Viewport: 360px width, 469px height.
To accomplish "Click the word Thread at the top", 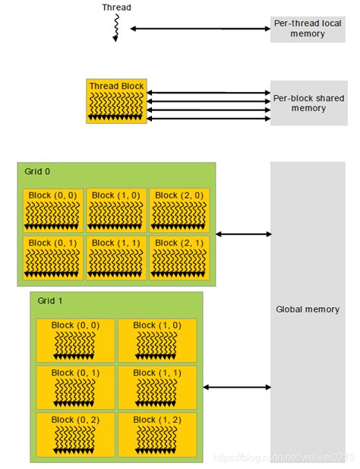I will [x=116, y=8].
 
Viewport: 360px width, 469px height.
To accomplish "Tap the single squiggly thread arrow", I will [x=115, y=28].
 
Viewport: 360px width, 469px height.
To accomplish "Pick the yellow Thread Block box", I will [x=116, y=101].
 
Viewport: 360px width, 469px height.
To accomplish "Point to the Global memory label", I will [x=308, y=309].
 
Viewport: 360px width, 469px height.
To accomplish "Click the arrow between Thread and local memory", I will [x=199, y=29].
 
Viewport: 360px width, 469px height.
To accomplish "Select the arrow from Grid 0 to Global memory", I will [x=243, y=234].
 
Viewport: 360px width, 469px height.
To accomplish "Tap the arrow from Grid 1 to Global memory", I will [x=237, y=387].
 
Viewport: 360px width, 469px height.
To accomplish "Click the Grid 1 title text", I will [x=50, y=301].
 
